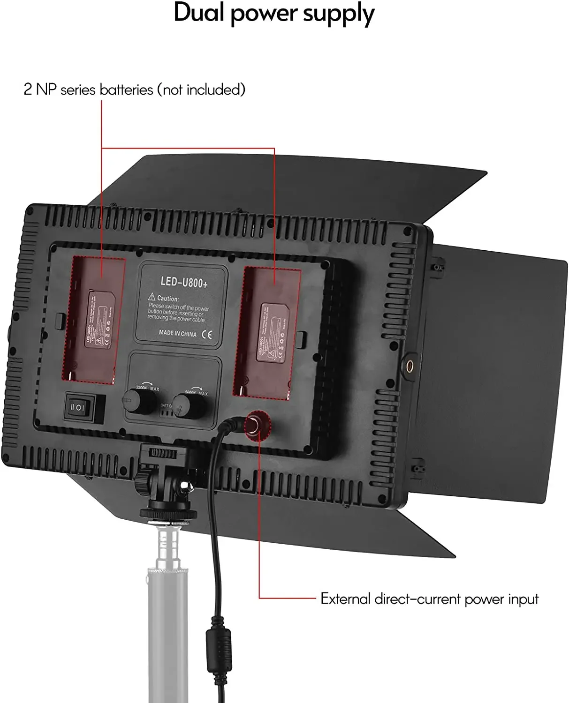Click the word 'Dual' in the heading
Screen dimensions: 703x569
(199, 13)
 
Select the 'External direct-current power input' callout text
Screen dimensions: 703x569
(429, 599)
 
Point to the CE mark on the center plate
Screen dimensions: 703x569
(206, 335)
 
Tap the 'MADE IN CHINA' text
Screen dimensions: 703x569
(177, 333)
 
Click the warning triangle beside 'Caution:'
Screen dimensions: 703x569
(152, 297)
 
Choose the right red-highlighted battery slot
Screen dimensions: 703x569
(266, 333)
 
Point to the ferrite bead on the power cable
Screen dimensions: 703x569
(219, 649)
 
